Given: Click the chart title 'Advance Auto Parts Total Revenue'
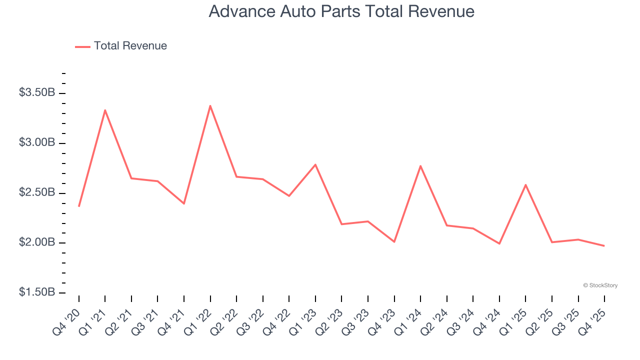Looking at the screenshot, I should coord(341,11).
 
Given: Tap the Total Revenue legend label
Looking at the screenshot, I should coord(130,46).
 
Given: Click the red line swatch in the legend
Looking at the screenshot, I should coord(82,46).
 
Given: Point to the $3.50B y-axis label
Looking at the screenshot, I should coord(37,92).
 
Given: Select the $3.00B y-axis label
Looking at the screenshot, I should coord(37,142).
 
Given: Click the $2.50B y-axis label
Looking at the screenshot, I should coord(37,192).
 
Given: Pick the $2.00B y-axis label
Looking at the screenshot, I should coord(37,242).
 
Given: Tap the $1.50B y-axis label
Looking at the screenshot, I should coord(37,292).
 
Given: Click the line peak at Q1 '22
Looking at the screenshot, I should coord(210,105).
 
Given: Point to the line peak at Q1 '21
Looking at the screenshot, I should coord(105,110).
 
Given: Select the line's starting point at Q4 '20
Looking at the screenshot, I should coord(79,206).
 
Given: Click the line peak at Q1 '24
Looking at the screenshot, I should coord(420,165).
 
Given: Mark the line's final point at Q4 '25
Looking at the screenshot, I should coord(604,245).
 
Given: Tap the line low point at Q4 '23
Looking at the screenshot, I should coord(394,242).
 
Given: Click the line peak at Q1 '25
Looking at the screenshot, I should coord(525,184).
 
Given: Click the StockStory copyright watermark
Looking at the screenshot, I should coord(600,285).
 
